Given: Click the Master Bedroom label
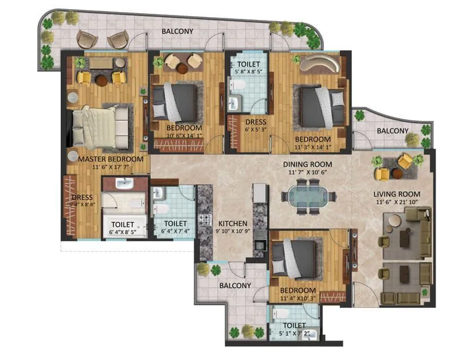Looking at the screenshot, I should [x=111, y=159].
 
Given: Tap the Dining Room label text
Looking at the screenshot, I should [x=308, y=164].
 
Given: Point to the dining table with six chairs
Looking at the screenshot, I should [x=308, y=196].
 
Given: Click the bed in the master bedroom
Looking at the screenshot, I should [x=101, y=127].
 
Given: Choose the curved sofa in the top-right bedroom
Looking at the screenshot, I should [x=320, y=62].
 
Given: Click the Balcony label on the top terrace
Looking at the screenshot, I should [x=177, y=31].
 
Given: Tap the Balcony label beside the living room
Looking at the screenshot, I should [x=393, y=131].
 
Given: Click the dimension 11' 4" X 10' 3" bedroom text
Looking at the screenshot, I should [x=297, y=298].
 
